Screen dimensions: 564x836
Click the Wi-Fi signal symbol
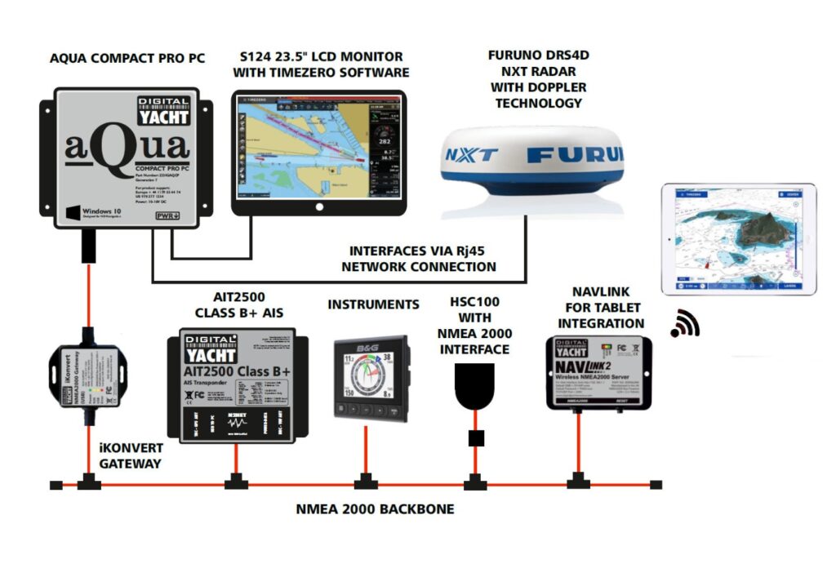tap(684, 324)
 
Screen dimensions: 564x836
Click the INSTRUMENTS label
tap(373, 304)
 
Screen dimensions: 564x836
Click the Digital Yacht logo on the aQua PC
tap(162, 112)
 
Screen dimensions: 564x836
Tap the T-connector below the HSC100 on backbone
tap(471, 482)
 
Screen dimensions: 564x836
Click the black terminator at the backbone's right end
tap(656, 484)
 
